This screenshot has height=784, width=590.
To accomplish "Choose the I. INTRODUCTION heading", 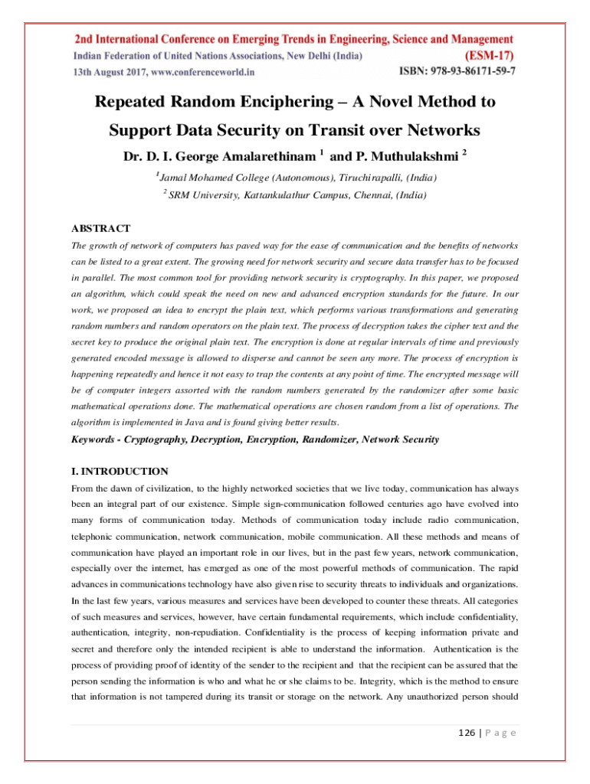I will pos(120,471).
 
